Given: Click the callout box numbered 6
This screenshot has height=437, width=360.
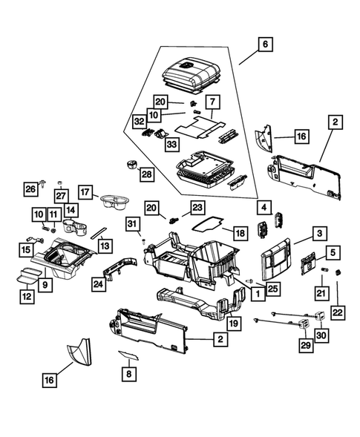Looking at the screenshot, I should click(264, 44).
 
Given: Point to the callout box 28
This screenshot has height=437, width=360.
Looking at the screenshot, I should click(145, 174).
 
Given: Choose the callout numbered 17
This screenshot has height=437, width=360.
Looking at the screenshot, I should click(86, 191).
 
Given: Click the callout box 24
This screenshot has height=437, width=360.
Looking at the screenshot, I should click(98, 282).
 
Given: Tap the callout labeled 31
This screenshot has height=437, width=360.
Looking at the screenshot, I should click(132, 224).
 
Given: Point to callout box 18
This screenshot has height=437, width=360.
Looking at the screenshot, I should click(240, 233).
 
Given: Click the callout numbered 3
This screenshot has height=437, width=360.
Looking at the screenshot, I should click(319, 234).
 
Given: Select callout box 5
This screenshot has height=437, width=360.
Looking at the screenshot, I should click(333, 253).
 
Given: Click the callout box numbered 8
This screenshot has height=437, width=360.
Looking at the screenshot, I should click(128, 375).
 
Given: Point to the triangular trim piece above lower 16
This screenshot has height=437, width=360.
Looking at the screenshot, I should click(77, 355).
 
